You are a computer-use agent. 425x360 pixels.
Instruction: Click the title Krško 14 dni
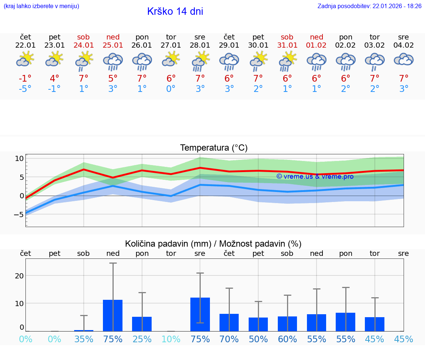coord(175,11)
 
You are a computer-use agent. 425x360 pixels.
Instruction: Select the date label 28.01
coord(200,45)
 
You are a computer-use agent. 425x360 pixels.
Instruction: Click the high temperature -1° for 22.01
coord(25,79)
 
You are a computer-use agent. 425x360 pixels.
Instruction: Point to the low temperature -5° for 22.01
coord(25,89)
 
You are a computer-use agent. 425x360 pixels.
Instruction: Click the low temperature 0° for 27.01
coord(171,89)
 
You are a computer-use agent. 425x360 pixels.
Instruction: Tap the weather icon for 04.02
coord(404,60)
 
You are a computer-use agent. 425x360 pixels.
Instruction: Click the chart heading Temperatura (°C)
coord(214,148)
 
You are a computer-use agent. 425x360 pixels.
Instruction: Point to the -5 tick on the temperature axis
coord(19,215)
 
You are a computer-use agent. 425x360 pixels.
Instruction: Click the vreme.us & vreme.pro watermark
coord(315,176)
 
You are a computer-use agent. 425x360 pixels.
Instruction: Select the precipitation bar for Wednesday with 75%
coord(200,314)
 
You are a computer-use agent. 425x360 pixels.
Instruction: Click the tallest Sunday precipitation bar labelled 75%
coord(113,315)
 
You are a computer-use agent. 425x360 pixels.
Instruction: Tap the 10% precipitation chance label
coord(171,339)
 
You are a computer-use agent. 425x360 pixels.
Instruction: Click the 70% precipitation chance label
coord(229,339)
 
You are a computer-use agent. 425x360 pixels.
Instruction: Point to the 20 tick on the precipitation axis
coord(19,276)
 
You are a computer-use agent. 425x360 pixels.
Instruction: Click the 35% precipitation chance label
coord(84,339)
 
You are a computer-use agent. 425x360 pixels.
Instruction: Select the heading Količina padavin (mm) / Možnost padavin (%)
coord(213,244)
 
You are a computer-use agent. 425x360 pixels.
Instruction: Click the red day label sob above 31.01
coord(287,37)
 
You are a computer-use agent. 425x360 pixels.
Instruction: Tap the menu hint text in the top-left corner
coord(41,6)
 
